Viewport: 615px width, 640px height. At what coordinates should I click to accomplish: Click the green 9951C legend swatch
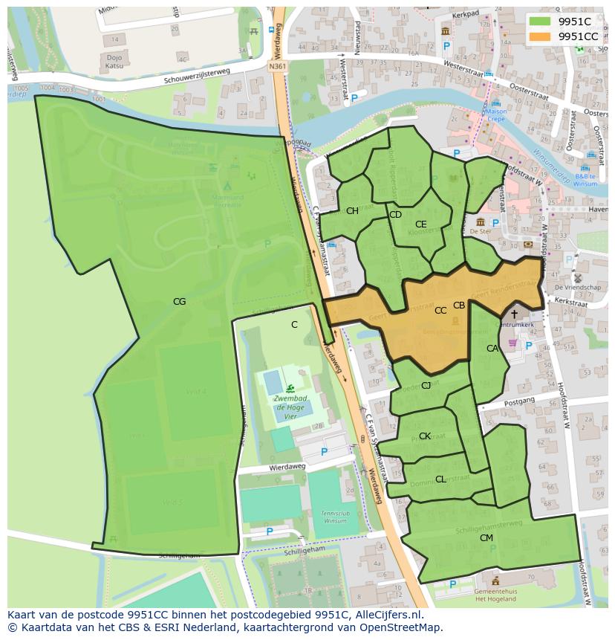tap(541, 22)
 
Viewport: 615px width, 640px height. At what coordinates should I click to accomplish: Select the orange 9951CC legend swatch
tap(541, 36)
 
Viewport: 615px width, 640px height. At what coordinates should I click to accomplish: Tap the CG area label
tap(179, 301)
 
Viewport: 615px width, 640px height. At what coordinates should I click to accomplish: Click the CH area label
tap(352, 210)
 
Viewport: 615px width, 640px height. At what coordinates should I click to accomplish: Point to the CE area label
tap(420, 224)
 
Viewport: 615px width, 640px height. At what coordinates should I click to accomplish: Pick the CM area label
tap(487, 537)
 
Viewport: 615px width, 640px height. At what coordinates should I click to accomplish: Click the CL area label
tap(440, 479)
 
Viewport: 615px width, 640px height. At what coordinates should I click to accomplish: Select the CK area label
tap(424, 436)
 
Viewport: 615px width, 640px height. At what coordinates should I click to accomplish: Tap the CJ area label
tap(426, 385)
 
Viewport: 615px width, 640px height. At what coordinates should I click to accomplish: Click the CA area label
tap(492, 348)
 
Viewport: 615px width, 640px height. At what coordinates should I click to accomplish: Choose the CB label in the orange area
tap(459, 305)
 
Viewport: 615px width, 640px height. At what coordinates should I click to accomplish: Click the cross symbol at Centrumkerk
tap(514, 314)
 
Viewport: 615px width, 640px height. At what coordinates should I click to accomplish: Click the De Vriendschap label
tap(577, 286)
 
